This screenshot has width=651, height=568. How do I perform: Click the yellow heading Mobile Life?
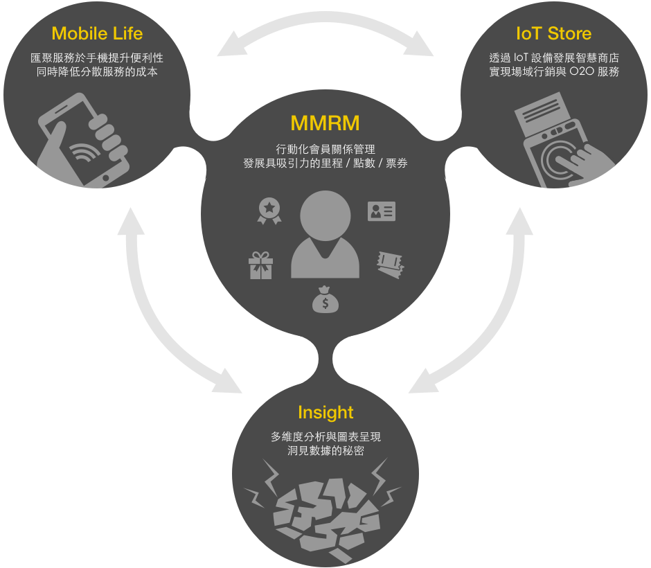point(96,33)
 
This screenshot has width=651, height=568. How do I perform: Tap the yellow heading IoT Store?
point(553,33)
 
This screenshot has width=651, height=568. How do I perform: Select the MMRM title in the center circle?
point(325,123)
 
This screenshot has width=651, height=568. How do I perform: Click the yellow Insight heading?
point(325,413)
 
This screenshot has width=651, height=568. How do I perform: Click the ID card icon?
point(381,211)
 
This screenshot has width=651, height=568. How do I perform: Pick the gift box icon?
point(260,265)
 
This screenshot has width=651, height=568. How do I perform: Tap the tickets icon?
point(390,265)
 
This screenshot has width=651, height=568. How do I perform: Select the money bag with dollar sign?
point(325,300)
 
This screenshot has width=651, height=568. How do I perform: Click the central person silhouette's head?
point(325,215)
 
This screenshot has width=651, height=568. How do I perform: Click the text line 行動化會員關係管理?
point(325,148)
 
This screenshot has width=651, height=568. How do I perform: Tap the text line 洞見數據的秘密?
point(325,451)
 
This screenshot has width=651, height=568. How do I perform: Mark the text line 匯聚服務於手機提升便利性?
point(97,57)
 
